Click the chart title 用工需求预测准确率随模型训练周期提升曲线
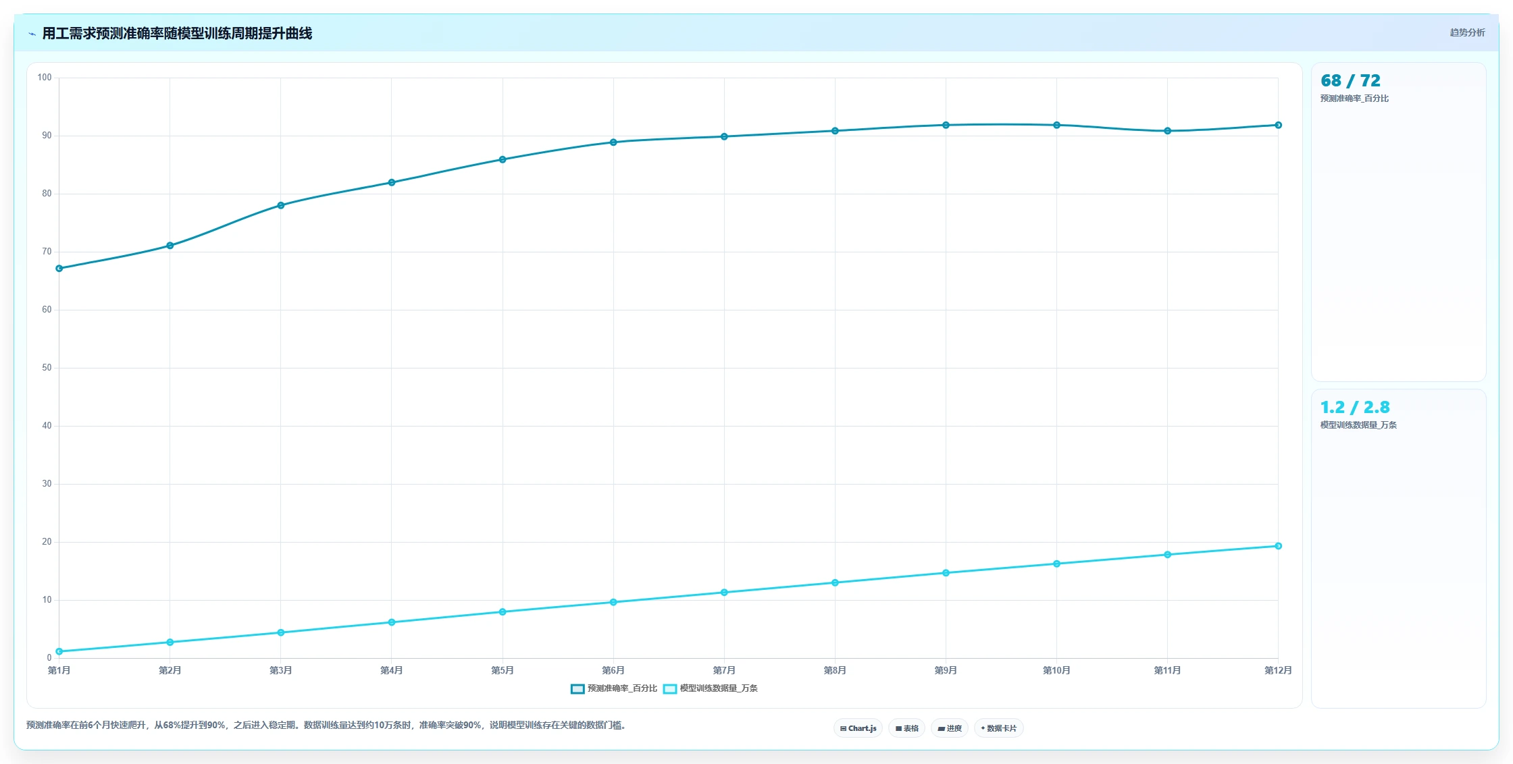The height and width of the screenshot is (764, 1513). click(177, 33)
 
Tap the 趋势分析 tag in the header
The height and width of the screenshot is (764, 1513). click(1467, 32)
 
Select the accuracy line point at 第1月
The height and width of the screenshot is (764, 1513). click(59, 269)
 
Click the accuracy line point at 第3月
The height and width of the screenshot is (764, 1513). click(281, 205)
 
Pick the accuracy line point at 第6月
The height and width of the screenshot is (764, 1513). click(613, 142)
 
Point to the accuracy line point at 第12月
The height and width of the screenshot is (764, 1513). click(1278, 125)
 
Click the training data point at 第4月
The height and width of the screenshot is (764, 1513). click(392, 622)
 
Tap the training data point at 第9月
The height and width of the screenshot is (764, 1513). click(946, 573)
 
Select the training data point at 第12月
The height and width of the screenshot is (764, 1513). click(1278, 546)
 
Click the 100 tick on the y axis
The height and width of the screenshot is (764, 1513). click(45, 78)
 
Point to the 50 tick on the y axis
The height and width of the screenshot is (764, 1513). click(47, 368)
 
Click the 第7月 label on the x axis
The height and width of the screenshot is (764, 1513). click(724, 670)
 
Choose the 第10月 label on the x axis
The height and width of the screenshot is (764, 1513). click(1056, 670)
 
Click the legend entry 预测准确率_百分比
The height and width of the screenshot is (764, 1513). click(614, 688)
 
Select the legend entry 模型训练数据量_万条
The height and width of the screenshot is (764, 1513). click(711, 688)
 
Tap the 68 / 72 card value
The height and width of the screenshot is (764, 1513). click(1350, 81)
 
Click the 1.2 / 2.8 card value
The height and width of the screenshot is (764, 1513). click(1355, 408)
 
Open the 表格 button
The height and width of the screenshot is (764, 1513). click(907, 728)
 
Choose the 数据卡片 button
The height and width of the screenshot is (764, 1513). click(999, 728)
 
